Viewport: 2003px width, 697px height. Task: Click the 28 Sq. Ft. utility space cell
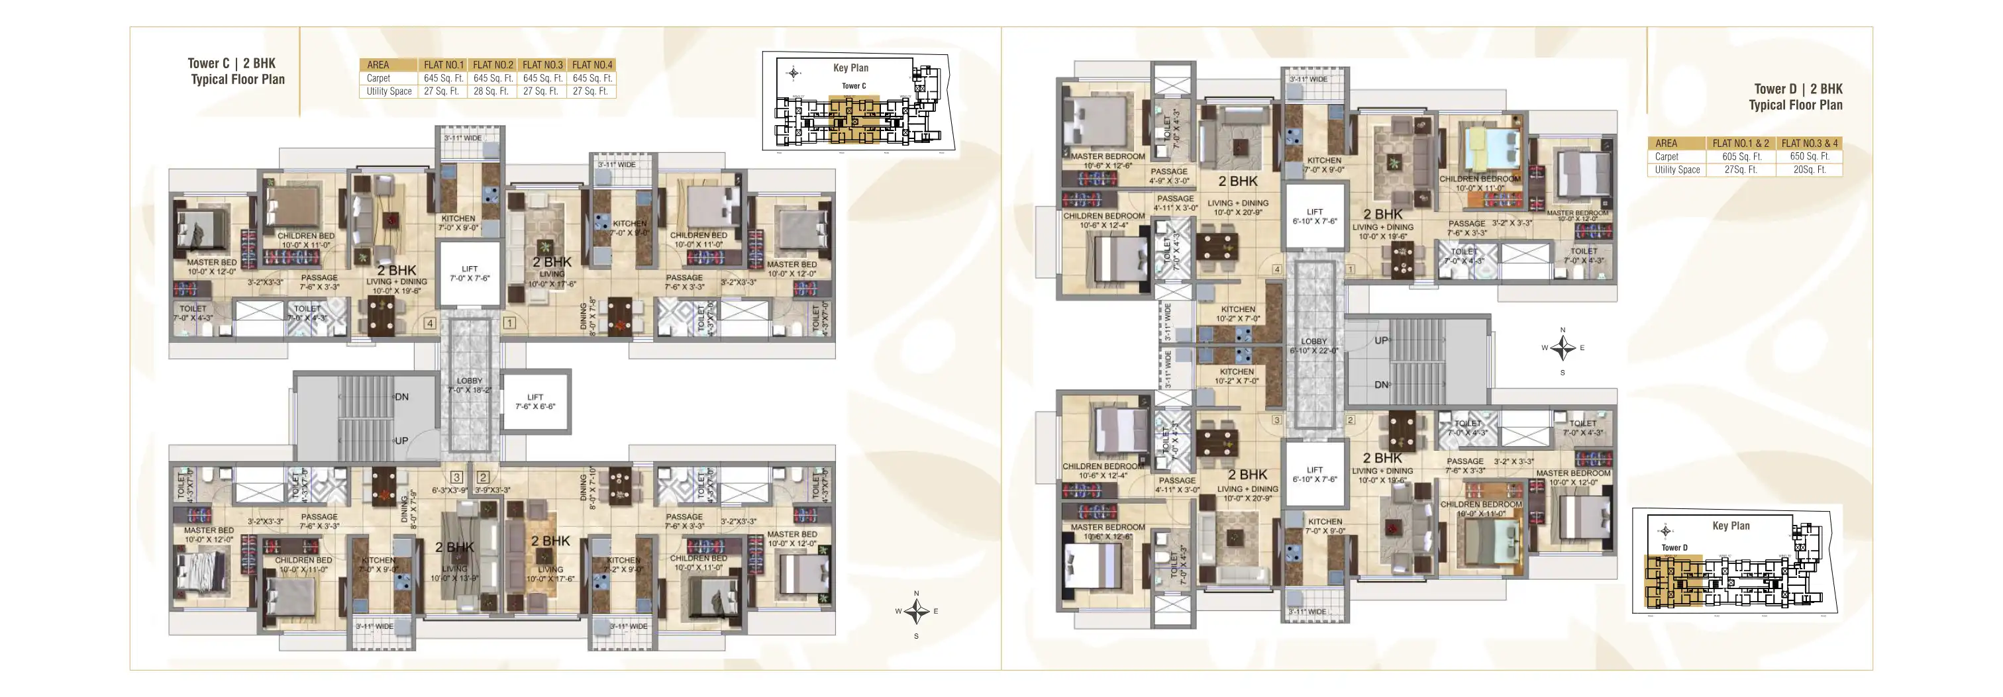click(x=491, y=91)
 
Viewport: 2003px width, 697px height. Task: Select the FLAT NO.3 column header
click(x=542, y=64)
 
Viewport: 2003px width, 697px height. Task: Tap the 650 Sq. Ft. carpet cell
click(x=1809, y=156)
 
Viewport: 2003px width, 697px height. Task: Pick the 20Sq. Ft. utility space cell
click(x=1809, y=169)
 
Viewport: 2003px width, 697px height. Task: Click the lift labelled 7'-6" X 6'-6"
click(x=535, y=401)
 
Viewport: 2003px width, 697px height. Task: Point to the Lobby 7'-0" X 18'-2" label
click(x=469, y=385)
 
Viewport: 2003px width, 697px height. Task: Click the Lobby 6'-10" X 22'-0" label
click(x=1313, y=346)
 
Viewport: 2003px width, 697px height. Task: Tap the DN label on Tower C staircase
click(x=401, y=397)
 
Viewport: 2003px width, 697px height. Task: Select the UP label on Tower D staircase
click(x=1381, y=340)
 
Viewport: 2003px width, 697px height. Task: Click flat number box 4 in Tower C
click(x=429, y=322)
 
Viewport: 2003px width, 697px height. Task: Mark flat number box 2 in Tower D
click(x=1350, y=420)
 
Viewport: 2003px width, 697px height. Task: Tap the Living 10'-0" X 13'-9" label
click(x=454, y=573)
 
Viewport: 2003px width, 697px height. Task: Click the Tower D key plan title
click(x=1730, y=526)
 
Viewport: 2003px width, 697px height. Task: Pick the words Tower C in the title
click(x=209, y=64)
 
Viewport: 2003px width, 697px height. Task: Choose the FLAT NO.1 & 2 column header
click(x=1739, y=143)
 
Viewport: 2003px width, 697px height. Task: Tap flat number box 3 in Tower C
click(x=456, y=477)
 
